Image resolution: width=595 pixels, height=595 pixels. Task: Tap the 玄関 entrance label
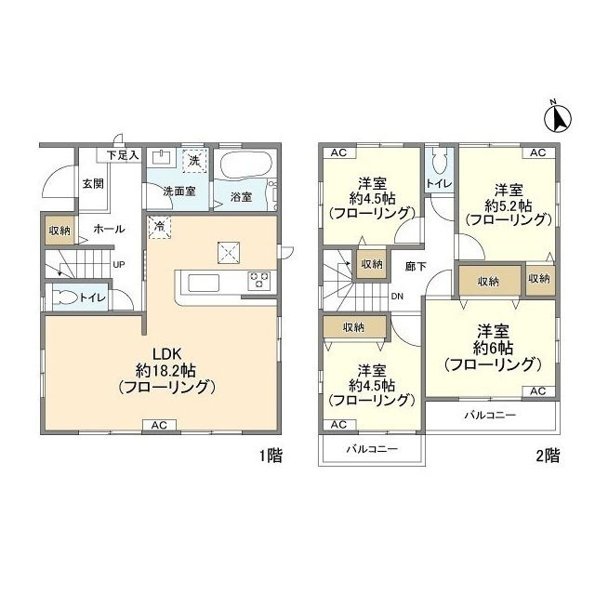point(91,183)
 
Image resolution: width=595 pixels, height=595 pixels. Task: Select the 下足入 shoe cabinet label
point(123,154)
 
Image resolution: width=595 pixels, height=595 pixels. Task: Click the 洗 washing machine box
point(195,160)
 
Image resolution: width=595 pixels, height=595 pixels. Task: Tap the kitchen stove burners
point(258,280)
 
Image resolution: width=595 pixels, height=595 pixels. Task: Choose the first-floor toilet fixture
point(65,298)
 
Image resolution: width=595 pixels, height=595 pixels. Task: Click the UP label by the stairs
point(119,264)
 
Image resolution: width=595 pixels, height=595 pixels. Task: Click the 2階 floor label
point(547,456)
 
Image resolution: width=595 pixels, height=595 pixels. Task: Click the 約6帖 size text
point(493,347)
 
